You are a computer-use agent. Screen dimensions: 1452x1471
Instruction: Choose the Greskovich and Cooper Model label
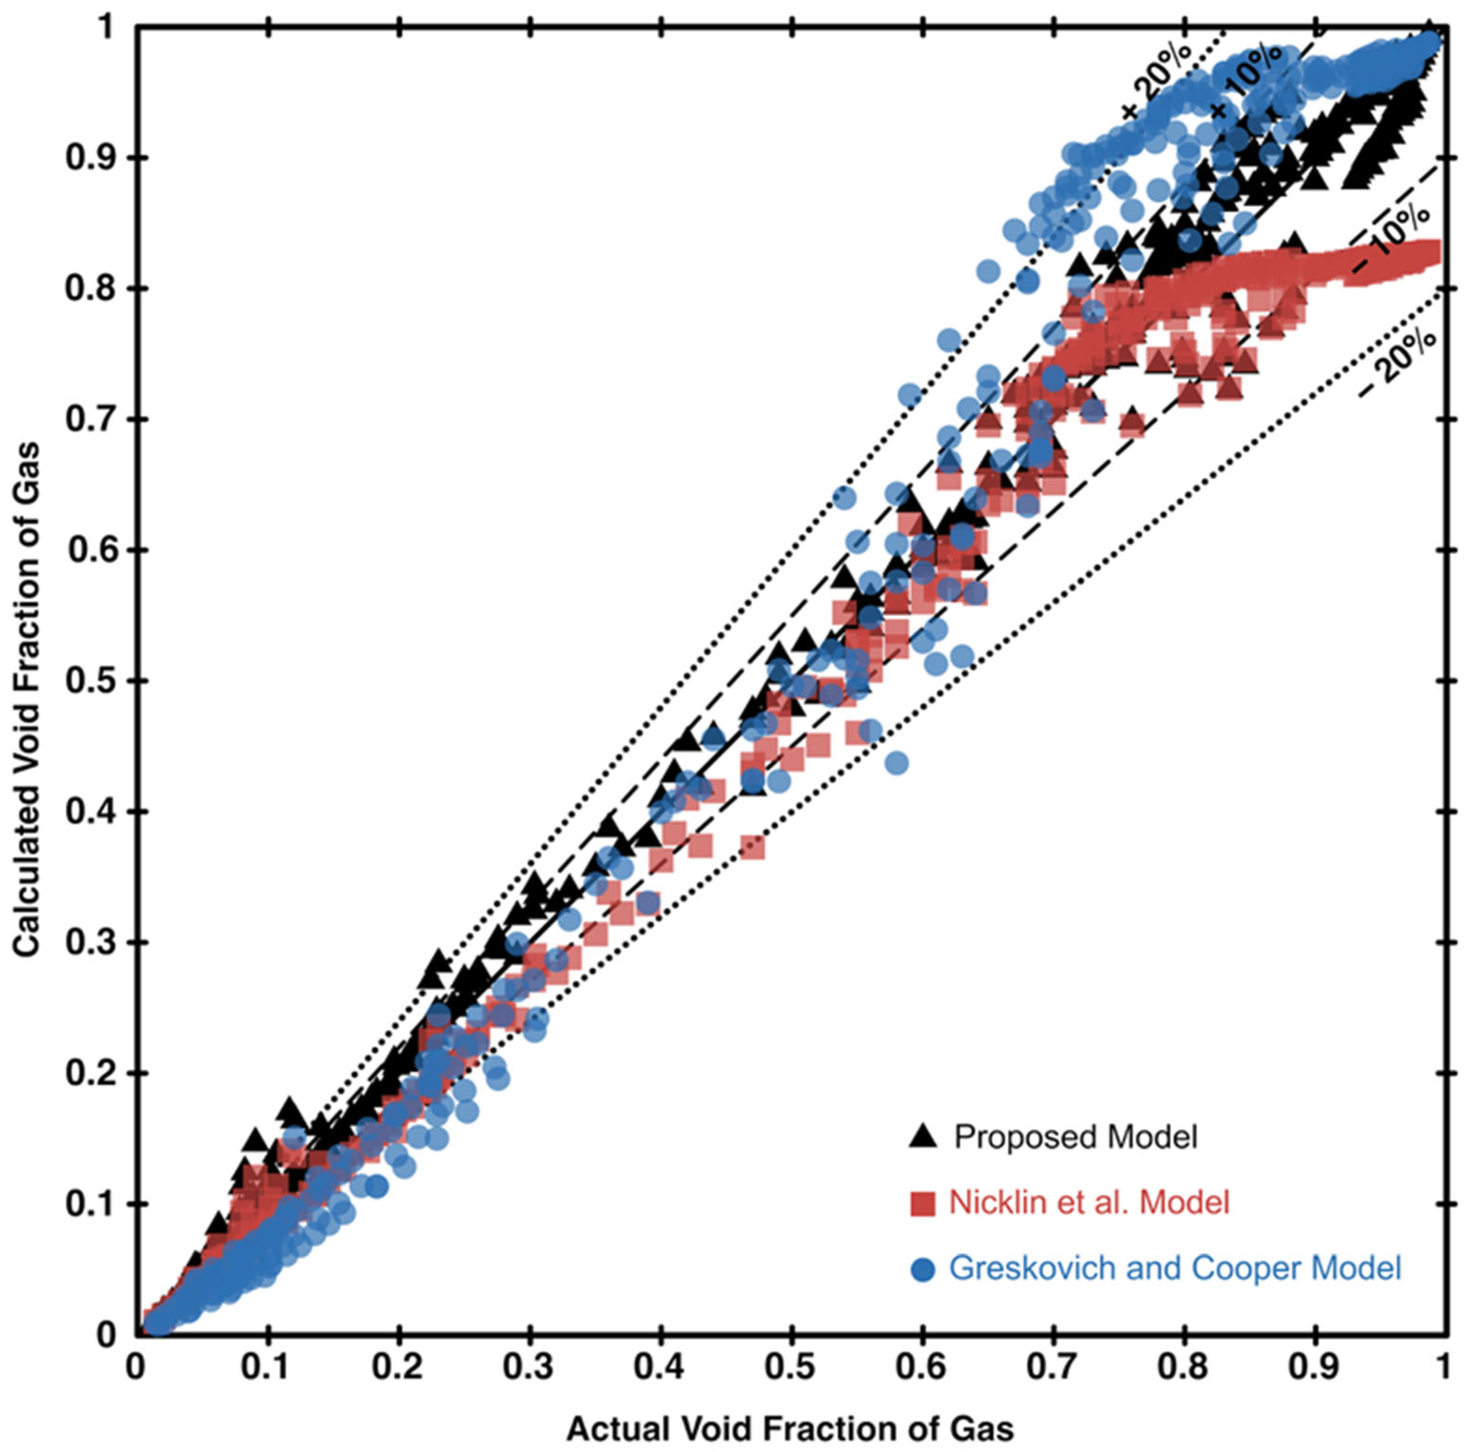pos(1175,1269)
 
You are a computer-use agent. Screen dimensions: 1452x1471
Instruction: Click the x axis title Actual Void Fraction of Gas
pos(790,1429)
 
